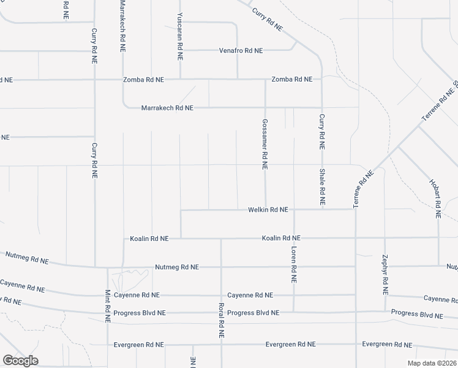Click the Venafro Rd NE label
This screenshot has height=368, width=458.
pyautogui.click(x=241, y=50)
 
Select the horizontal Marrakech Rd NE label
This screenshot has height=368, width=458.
pyautogui.click(x=167, y=107)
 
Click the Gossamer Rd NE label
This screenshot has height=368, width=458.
pyautogui.click(x=265, y=144)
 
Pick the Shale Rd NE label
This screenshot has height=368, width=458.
pyautogui.click(x=322, y=186)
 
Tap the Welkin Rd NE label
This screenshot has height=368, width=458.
pyautogui.click(x=268, y=210)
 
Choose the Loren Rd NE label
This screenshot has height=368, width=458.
pyautogui.click(x=294, y=265)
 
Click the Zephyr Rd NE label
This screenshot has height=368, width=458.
pyautogui.click(x=385, y=274)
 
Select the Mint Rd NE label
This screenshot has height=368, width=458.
pyautogui.click(x=107, y=306)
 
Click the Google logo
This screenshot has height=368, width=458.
pyautogui.click(x=20, y=360)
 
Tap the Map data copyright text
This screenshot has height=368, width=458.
pyautogui.click(x=432, y=363)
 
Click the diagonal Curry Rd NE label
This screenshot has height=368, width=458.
pyautogui.click(x=266, y=20)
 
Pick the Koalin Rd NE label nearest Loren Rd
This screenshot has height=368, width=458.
pyautogui.click(x=281, y=237)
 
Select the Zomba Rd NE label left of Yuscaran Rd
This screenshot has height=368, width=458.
pyautogui.click(x=143, y=80)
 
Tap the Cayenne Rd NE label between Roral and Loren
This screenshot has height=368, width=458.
pyautogui.click(x=250, y=295)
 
